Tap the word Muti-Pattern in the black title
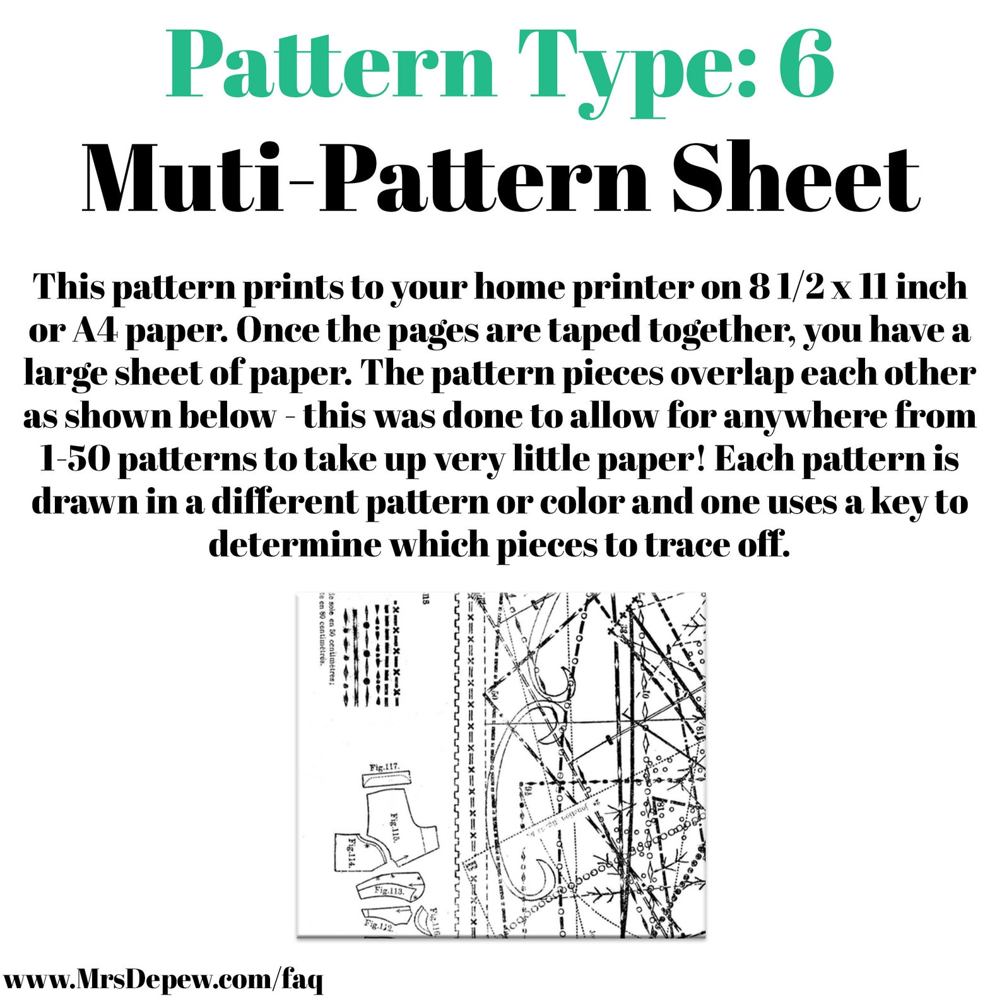(x=365, y=179)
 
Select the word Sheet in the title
(x=796, y=179)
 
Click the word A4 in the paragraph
(x=95, y=330)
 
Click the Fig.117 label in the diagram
(x=384, y=767)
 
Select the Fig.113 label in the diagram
(x=389, y=891)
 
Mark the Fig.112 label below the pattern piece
(x=379, y=925)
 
